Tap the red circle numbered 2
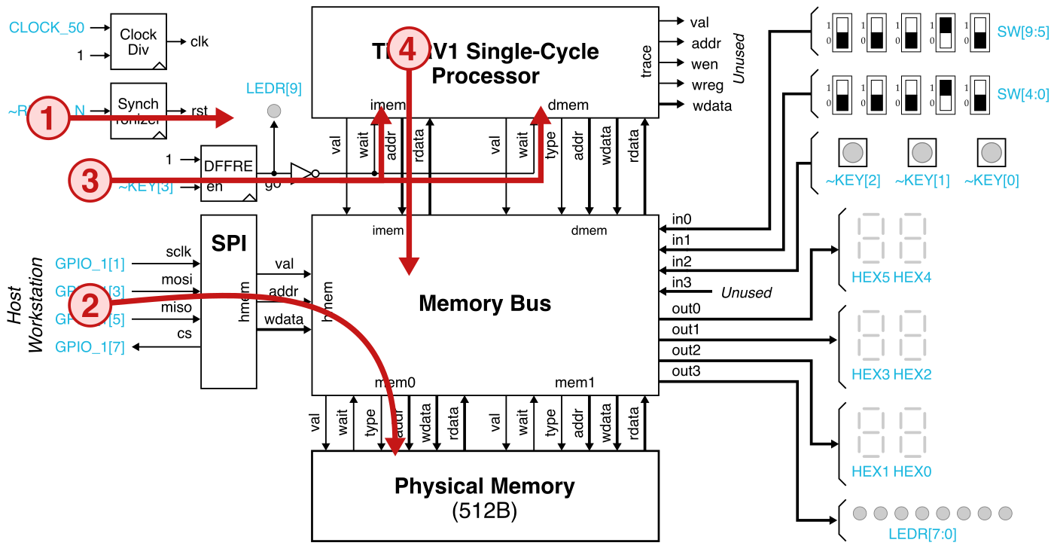coord(90,305)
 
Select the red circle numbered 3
coord(90,181)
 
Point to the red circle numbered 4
coord(407,50)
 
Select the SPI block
coord(228,301)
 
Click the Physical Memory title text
coord(484,486)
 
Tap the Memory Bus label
coord(484,304)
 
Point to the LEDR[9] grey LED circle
coord(274,111)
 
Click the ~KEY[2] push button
coord(852,153)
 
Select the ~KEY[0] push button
coord(991,153)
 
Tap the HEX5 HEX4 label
coord(891,277)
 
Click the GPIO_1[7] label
coord(90,347)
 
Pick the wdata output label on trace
coord(711,105)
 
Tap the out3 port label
coord(685,371)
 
